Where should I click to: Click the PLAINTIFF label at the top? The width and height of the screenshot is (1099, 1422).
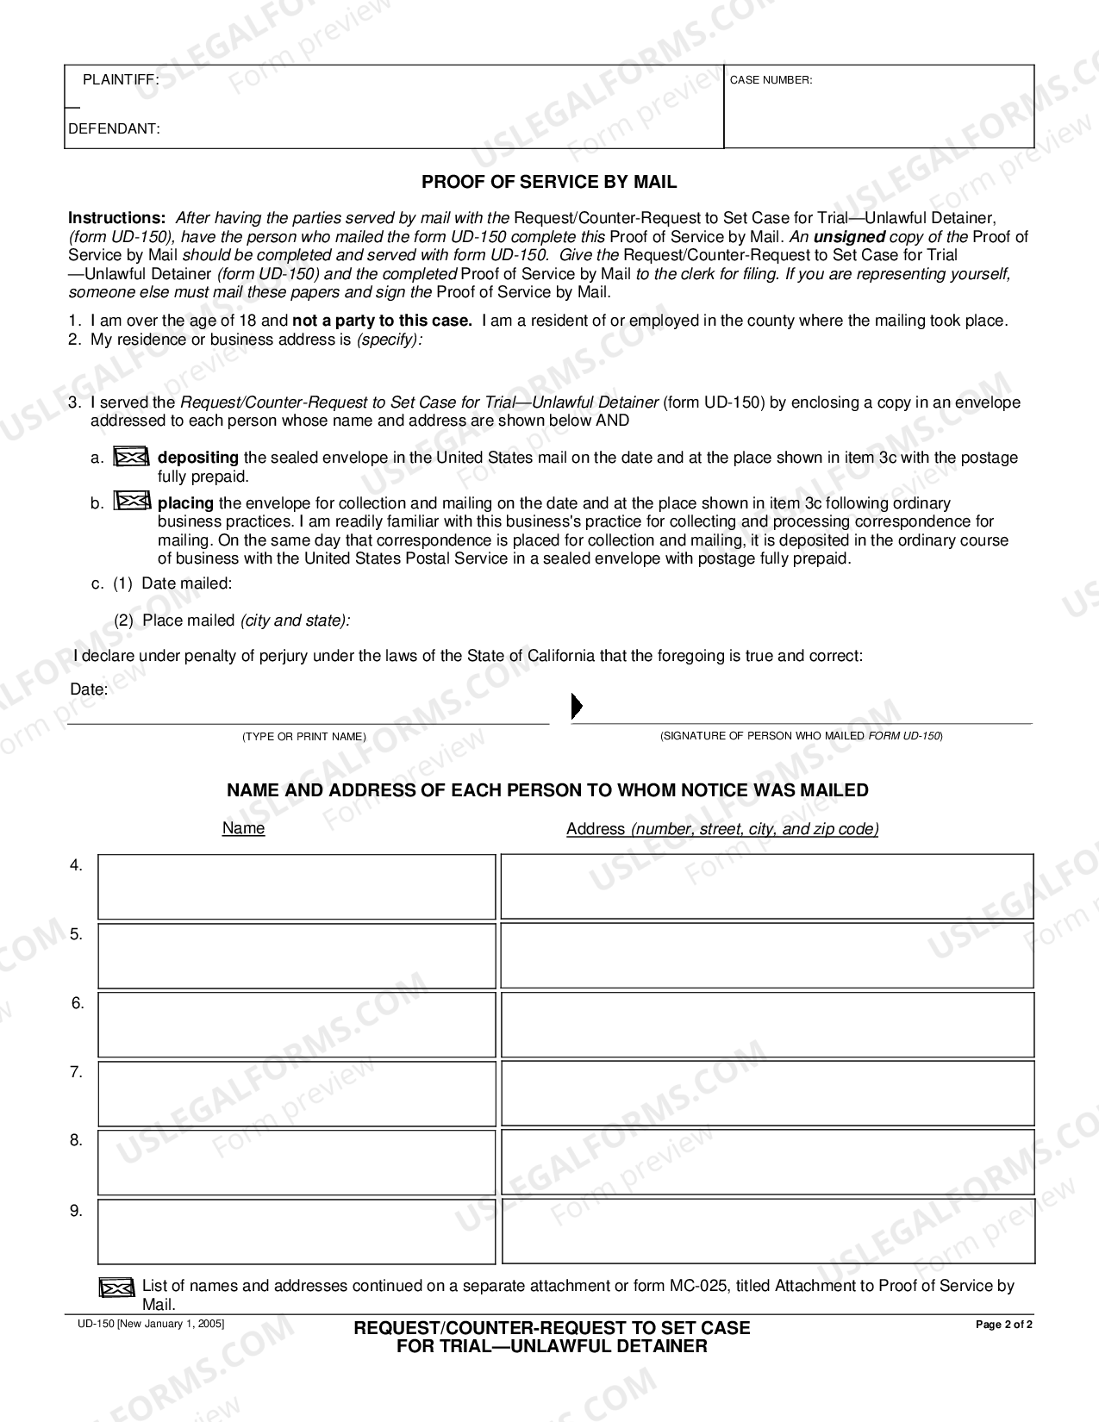tap(121, 79)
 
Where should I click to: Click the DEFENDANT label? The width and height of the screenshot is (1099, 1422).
tap(114, 129)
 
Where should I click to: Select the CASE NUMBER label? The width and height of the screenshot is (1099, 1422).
tap(771, 80)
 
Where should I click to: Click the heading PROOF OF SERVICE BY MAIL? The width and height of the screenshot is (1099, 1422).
tap(549, 182)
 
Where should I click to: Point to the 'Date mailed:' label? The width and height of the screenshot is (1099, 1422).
tap(186, 583)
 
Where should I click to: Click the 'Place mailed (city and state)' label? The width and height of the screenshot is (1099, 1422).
tap(246, 621)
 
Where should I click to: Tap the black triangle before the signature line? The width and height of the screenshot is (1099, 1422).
tap(577, 707)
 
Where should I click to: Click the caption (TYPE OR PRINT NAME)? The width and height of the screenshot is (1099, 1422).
tap(303, 737)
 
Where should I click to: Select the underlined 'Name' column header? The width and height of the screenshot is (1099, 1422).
tap(243, 828)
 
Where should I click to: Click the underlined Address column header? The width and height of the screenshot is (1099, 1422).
tap(722, 829)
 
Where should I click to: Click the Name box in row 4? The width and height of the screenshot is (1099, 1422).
tap(297, 887)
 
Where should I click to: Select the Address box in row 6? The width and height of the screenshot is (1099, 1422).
tap(767, 1025)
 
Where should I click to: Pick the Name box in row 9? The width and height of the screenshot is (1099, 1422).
tap(297, 1232)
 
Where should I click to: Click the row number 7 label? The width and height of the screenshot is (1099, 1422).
tap(76, 1072)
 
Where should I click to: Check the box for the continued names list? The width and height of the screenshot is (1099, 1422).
tap(116, 1288)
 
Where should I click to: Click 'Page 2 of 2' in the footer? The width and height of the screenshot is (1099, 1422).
tap(1003, 1325)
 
